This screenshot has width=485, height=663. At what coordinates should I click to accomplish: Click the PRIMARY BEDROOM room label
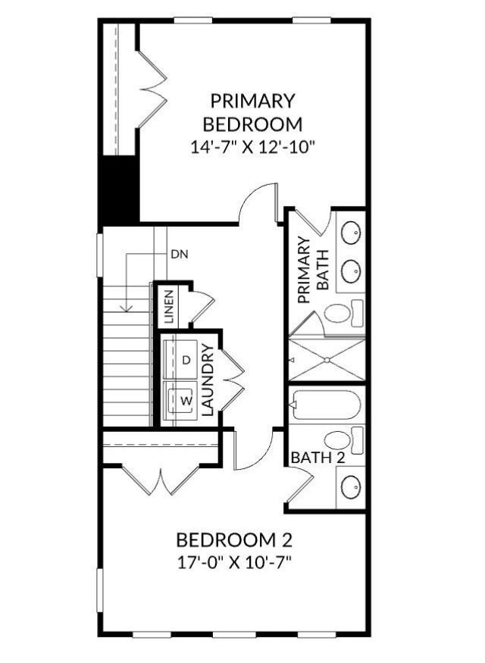click(252, 111)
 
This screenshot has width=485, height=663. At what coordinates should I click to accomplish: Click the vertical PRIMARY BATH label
click(313, 270)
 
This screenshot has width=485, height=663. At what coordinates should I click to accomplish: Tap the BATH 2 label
click(318, 458)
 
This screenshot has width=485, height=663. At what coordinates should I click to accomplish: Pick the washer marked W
click(183, 397)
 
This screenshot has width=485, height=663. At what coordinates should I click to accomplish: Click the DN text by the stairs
click(178, 255)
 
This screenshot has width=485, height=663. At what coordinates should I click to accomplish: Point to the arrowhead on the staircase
click(128, 308)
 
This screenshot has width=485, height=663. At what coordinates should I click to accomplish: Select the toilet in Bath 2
click(342, 439)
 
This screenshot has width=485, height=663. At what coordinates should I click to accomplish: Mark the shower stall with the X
click(327, 359)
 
